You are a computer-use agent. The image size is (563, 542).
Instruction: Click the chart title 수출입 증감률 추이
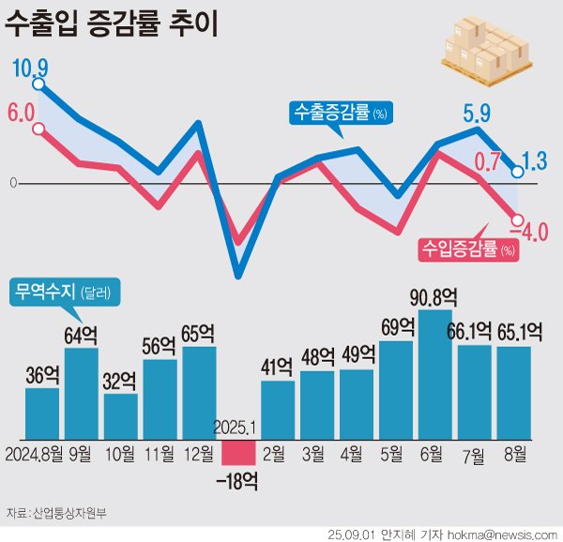click(x=113, y=24)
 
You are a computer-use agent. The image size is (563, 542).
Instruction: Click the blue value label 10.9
click(x=30, y=68)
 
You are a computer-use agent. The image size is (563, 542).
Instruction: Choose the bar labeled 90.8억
click(x=434, y=375)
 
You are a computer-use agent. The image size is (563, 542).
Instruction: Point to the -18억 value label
click(x=237, y=482)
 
